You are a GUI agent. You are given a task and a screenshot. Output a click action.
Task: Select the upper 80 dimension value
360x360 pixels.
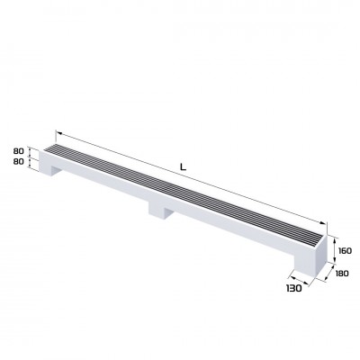click(18, 151)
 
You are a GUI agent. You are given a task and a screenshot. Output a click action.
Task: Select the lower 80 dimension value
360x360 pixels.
click(18, 163)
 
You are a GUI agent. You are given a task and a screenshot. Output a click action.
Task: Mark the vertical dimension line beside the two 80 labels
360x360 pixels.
click(32, 157)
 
